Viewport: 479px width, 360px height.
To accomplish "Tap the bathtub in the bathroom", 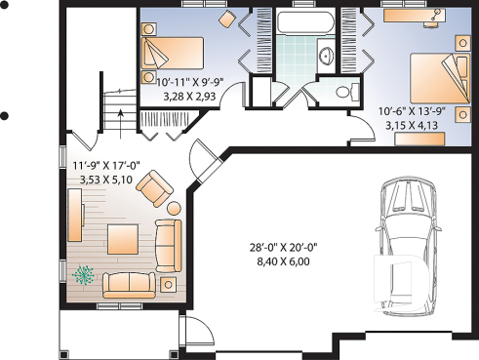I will coord(303,22).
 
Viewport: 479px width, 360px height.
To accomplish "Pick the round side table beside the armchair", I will coord(173,207).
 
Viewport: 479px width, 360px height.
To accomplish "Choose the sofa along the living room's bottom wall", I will coord(130,284).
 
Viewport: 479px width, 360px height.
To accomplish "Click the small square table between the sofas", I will coord(168,283).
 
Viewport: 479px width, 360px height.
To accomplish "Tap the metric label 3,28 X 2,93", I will coord(188,98).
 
